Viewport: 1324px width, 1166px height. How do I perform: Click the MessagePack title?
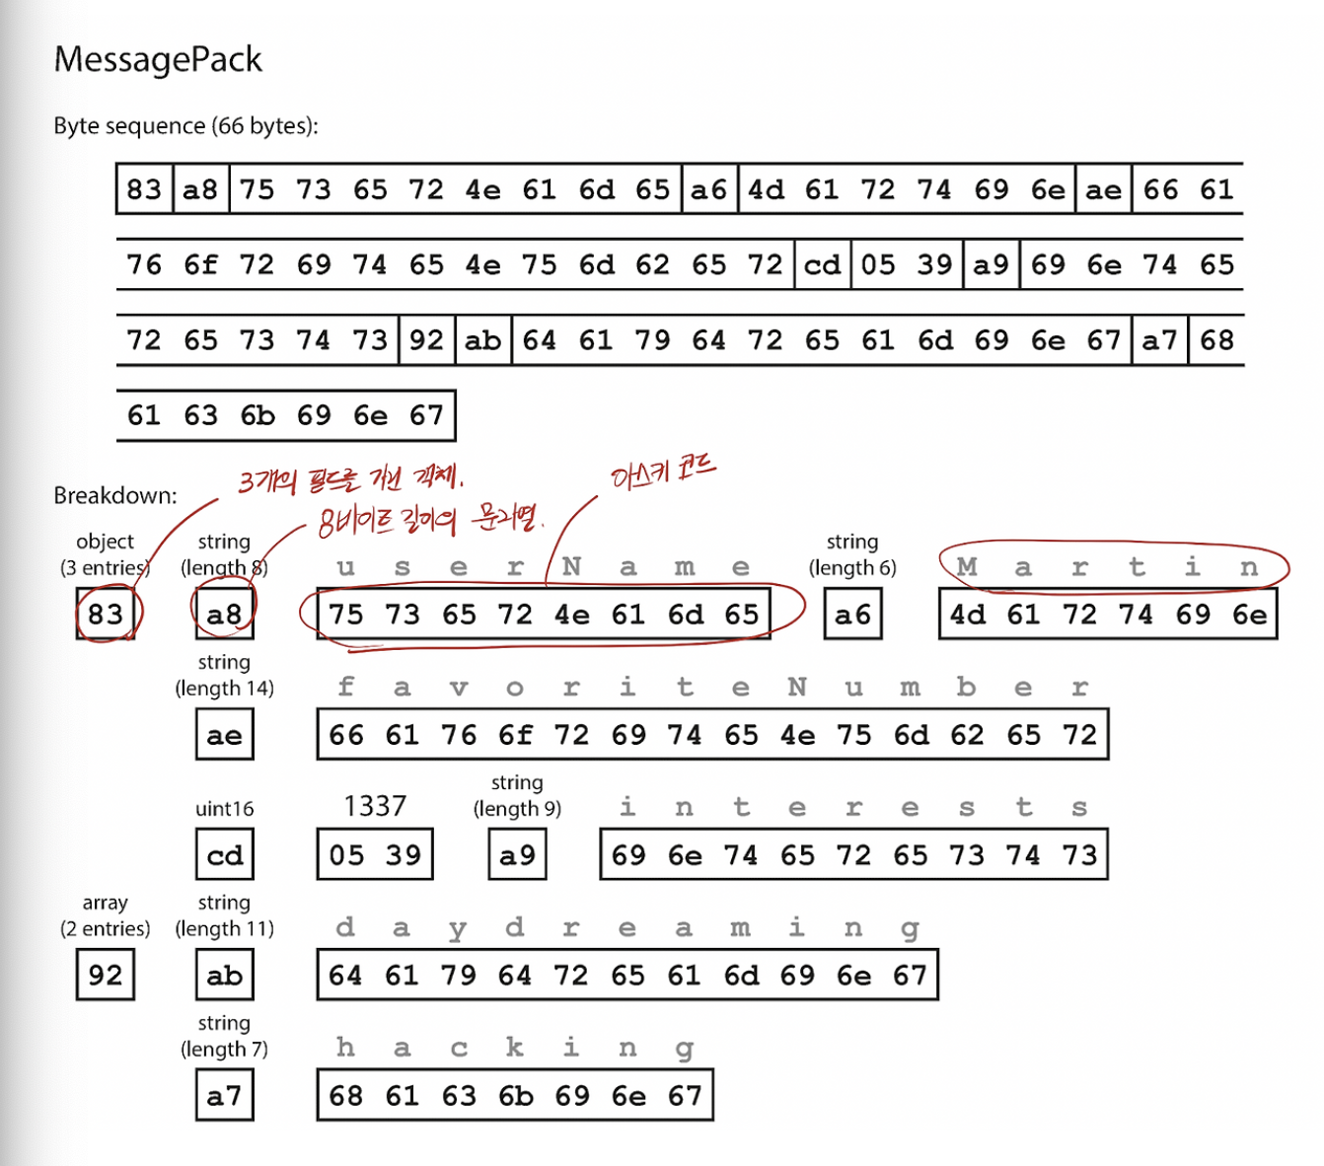[x=158, y=59]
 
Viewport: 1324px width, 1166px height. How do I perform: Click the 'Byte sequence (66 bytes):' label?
[x=185, y=126]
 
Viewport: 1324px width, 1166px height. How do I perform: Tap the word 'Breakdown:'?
[x=115, y=495]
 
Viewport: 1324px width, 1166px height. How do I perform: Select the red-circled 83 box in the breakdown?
[x=106, y=614]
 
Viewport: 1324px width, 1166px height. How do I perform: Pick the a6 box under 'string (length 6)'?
[x=852, y=614]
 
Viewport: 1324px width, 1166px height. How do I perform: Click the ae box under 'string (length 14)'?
[x=224, y=735]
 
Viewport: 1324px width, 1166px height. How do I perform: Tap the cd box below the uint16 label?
[x=224, y=855]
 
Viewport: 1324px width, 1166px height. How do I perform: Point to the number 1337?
[x=375, y=807]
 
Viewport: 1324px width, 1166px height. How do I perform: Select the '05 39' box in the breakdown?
[x=375, y=855]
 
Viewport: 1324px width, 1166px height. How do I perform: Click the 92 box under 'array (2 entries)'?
[x=106, y=976]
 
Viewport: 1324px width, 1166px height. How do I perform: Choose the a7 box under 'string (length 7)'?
[x=224, y=1096]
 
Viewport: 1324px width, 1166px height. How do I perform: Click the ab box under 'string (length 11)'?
[x=224, y=976]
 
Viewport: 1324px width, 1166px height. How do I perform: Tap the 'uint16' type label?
[x=224, y=809]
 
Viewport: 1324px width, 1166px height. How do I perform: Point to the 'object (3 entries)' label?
[x=105, y=554]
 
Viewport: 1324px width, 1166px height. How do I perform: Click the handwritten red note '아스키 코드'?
[x=663, y=474]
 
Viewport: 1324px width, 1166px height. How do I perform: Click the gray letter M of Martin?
[x=967, y=567]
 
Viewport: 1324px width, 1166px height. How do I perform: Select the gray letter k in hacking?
[x=515, y=1048]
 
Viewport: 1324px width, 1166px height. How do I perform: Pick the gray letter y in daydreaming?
[x=458, y=928]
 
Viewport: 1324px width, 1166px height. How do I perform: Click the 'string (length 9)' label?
[x=517, y=795]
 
